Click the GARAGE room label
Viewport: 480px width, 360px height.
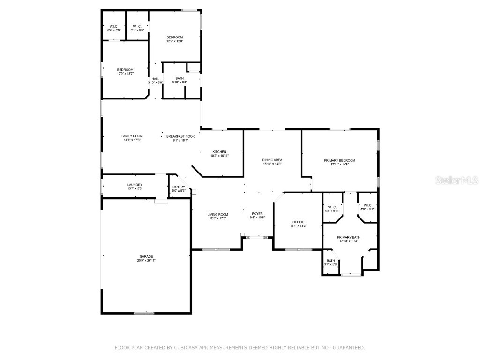pos(146,256)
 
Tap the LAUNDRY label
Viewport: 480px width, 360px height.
pos(135,185)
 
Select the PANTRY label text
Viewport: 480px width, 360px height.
pos(179,187)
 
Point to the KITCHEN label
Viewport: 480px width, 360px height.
pos(219,152)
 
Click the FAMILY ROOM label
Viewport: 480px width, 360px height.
pos(132,136)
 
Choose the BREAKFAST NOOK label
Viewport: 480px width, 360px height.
pos(180,136)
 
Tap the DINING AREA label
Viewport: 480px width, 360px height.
pos(272,160)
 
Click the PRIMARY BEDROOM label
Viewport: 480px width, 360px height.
pos(340,160)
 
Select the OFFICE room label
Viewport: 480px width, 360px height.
pos(298,222)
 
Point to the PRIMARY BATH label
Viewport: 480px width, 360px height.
pos(348,237)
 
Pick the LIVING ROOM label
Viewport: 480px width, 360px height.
pos(217,214)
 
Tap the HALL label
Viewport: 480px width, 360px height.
pos(155,79)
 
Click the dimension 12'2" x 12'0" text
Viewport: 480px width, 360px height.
pos(174,41)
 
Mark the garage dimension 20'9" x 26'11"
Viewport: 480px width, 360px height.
pos(146,260)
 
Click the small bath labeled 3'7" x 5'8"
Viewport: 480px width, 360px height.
pos(331,262)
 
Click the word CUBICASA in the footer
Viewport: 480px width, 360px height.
pos(194,348)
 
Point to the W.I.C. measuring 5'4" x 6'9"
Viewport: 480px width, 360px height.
pos(114,28)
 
